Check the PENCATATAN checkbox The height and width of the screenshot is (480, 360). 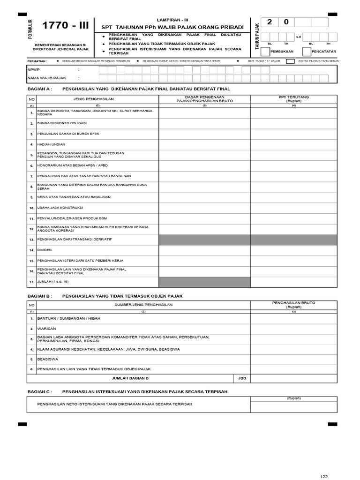(306, 51)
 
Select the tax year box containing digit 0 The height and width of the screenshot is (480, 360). (286, 22)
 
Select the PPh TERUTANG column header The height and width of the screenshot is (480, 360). (293, 99)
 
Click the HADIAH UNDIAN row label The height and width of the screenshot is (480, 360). (52, 144)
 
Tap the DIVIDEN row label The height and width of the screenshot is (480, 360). (45, 250)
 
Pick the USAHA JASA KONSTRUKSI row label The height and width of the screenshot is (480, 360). (60, 207)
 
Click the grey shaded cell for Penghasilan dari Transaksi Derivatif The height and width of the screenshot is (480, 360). (204, 240)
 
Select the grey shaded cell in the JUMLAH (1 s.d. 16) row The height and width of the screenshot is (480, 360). (204, 282)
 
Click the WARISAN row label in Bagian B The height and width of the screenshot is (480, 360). (47, 329)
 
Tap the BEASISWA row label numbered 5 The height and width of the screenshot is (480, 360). (47, 360)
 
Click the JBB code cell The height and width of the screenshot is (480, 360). (241, 378)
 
